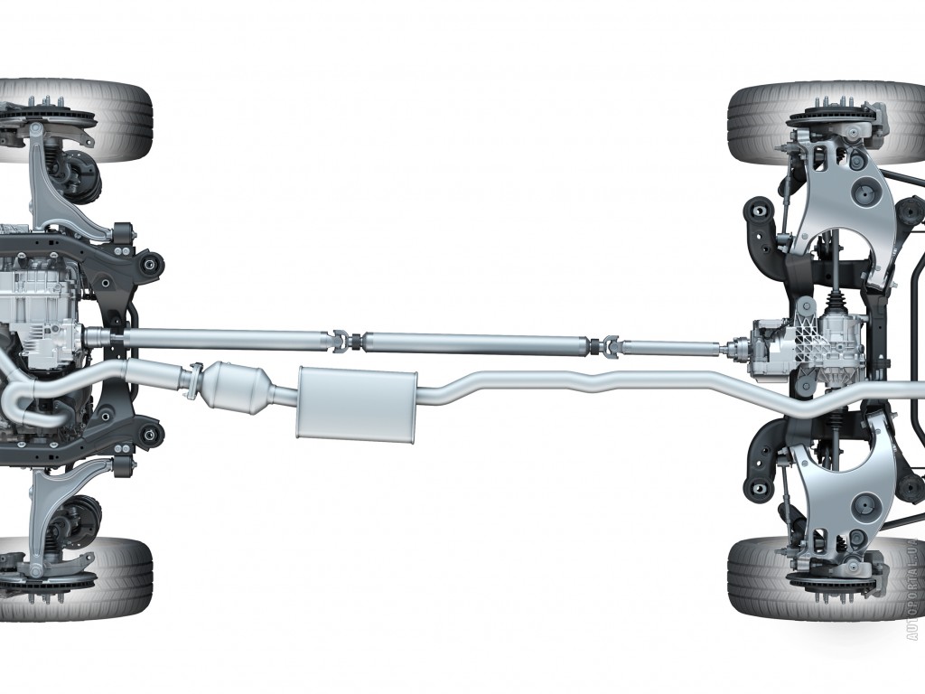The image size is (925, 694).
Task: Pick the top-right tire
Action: pos(826,123)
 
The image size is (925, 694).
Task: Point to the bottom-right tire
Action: pos(826,577)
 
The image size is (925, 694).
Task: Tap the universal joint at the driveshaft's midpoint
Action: pos(348,342)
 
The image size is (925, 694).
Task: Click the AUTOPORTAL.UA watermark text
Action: pos(914,589)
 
